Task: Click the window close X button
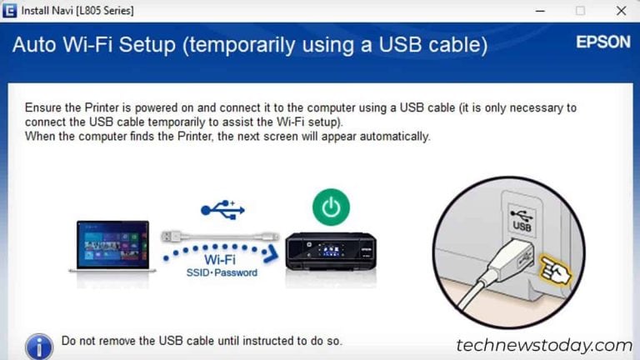pyautogui.click(x=620, y=10)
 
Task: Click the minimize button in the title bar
pyautogui.click(x=540, y=10)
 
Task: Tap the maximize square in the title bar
pyautogui.click(x=580, y=10)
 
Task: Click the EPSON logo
pyautogui.click(x=602, y=42)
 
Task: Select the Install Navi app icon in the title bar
pyautogui.click(x=10, y=10)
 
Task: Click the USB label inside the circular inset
pyautogui.click(x=522, y=225)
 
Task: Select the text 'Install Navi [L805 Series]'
pyautogui.click(x=77, y=10)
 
